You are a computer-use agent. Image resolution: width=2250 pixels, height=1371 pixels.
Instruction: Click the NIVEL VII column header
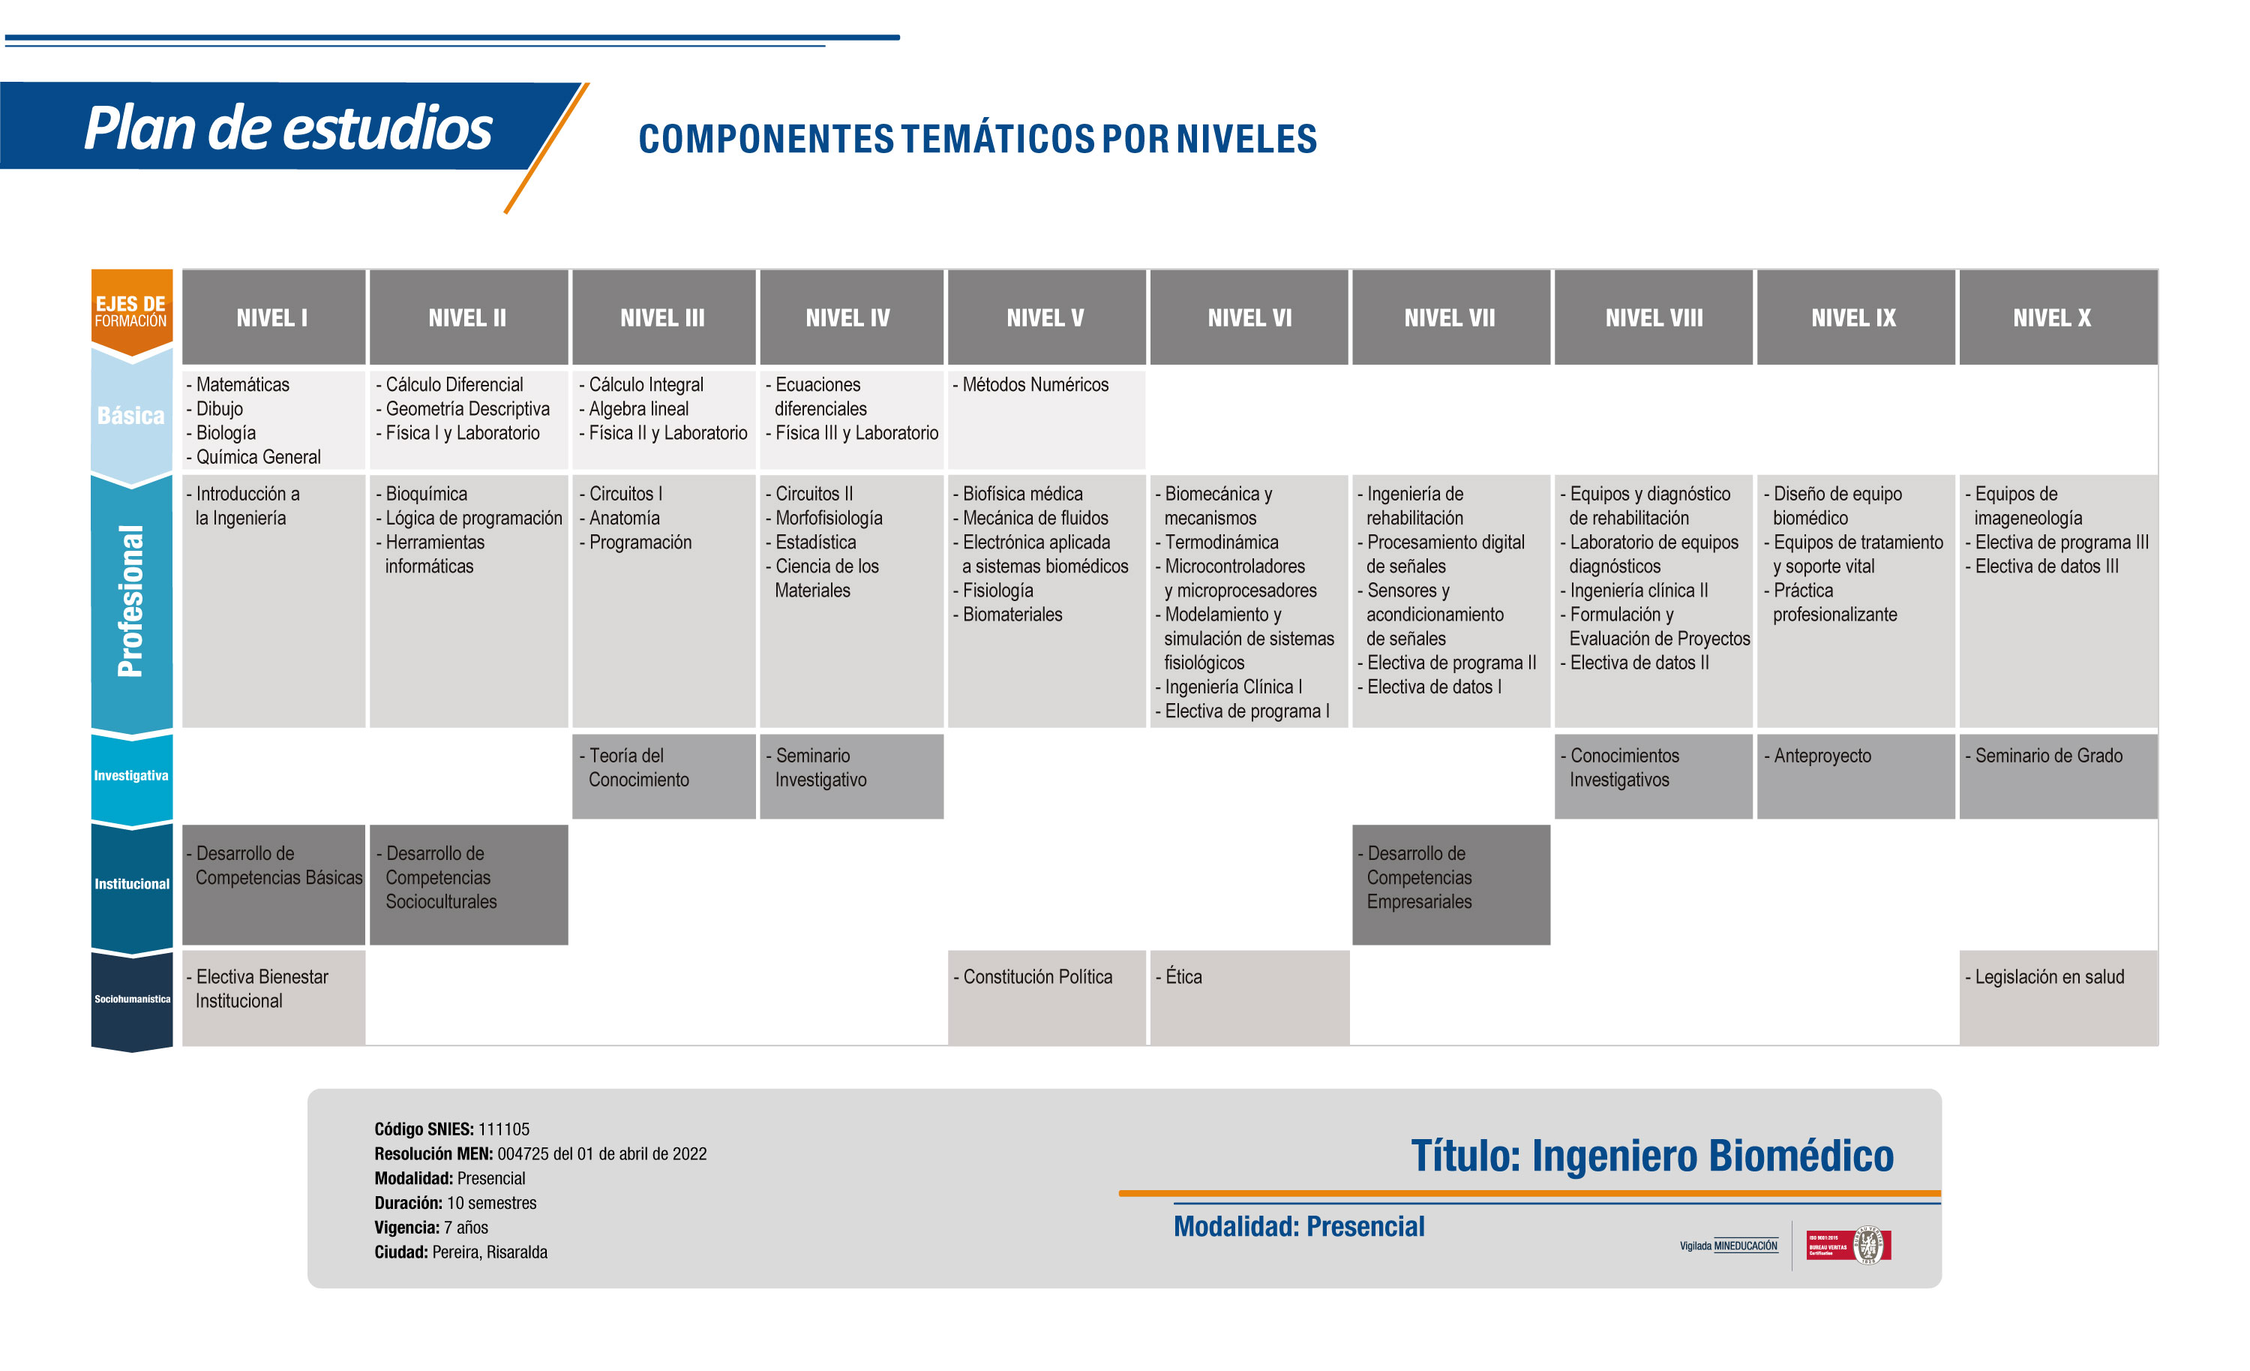pyautogui.click(x=1450, y=317)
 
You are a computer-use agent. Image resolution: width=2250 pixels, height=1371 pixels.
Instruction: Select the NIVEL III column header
pyautogui.click(x=663, y=317)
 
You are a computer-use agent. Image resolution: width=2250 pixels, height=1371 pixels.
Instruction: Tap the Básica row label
pyautogui.click(x=131, y=416)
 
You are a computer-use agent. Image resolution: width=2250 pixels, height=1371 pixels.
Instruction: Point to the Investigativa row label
pyautogui.click(x=131, y=775)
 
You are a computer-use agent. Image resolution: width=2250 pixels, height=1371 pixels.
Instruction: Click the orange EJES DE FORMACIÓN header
pyautogui.click(x=131, y=311)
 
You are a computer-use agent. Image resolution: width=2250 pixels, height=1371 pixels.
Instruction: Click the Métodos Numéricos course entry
pyautogui.click(x=1031, y=384)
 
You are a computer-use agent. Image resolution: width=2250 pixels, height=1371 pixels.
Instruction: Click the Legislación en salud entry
pyautogui.click(x=2044, y=976)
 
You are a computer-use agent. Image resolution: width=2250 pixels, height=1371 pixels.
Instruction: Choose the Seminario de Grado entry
pyautogui.click(x=2044, y=756)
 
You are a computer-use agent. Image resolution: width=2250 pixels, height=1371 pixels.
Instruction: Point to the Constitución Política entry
pyautogui.click(x=1033, y=976)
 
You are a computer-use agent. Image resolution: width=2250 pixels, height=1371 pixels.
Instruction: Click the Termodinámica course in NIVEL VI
pyautogui.click(x=1217, y=542)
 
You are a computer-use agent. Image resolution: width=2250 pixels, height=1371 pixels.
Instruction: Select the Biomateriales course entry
pyautogui.click(x=1008, y=614)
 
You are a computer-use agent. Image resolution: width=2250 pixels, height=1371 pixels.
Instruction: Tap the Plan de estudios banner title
pyautogui.click(x=289, y=127)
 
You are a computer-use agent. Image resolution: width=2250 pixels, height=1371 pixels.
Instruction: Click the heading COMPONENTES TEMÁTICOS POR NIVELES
pyautogui.click(x=978, y=139)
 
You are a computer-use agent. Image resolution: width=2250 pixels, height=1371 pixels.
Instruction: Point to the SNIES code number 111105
pyautogui.click(x=504, y=1129)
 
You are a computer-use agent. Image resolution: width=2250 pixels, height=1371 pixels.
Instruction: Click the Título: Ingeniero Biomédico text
pyautogui.click(x=1653, y=1156)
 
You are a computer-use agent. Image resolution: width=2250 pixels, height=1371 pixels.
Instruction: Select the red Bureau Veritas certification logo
pyautogui.click(x=1849, y=1245)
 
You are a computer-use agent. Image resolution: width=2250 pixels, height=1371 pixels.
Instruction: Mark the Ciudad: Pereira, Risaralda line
pyautogui.click(x=461, y=1252)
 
